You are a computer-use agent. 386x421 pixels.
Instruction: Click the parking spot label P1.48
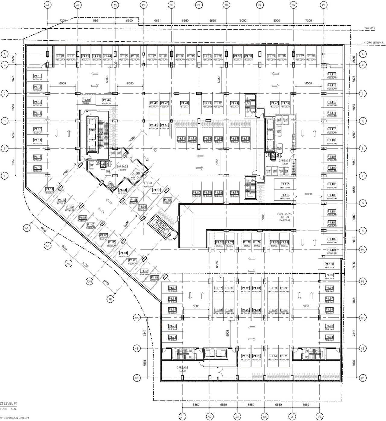(86, 100)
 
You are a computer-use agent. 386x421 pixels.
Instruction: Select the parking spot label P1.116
(285, 195)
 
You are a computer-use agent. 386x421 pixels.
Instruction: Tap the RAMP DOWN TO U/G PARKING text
(284, 217)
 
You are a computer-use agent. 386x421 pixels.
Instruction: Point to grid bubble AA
(27, 228)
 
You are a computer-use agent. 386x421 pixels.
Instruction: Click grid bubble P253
(90, 282)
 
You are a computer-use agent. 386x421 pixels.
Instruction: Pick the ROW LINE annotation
(369, 28)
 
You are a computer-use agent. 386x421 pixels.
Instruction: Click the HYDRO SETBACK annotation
(373, 42)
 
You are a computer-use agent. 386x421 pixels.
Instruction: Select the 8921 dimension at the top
(96, 20)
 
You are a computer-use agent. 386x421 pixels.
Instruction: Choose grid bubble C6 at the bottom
(319, 417)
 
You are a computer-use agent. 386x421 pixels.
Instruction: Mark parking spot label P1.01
(154, 277)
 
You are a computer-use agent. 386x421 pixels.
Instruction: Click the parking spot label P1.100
(329, 264)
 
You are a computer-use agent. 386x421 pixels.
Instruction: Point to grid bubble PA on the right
(363, 250)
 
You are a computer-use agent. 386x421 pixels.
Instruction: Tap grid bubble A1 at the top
(47, 5)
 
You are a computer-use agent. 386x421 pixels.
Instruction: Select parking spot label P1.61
(168, 200)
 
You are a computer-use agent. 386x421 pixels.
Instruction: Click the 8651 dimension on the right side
(354, 300)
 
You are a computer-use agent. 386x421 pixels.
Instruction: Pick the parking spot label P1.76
(219, 242)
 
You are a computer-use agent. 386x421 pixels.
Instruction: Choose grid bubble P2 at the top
(324, 5)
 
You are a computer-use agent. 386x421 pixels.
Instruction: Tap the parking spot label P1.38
(311, 56)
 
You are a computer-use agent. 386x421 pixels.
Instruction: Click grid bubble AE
(110, 299)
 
